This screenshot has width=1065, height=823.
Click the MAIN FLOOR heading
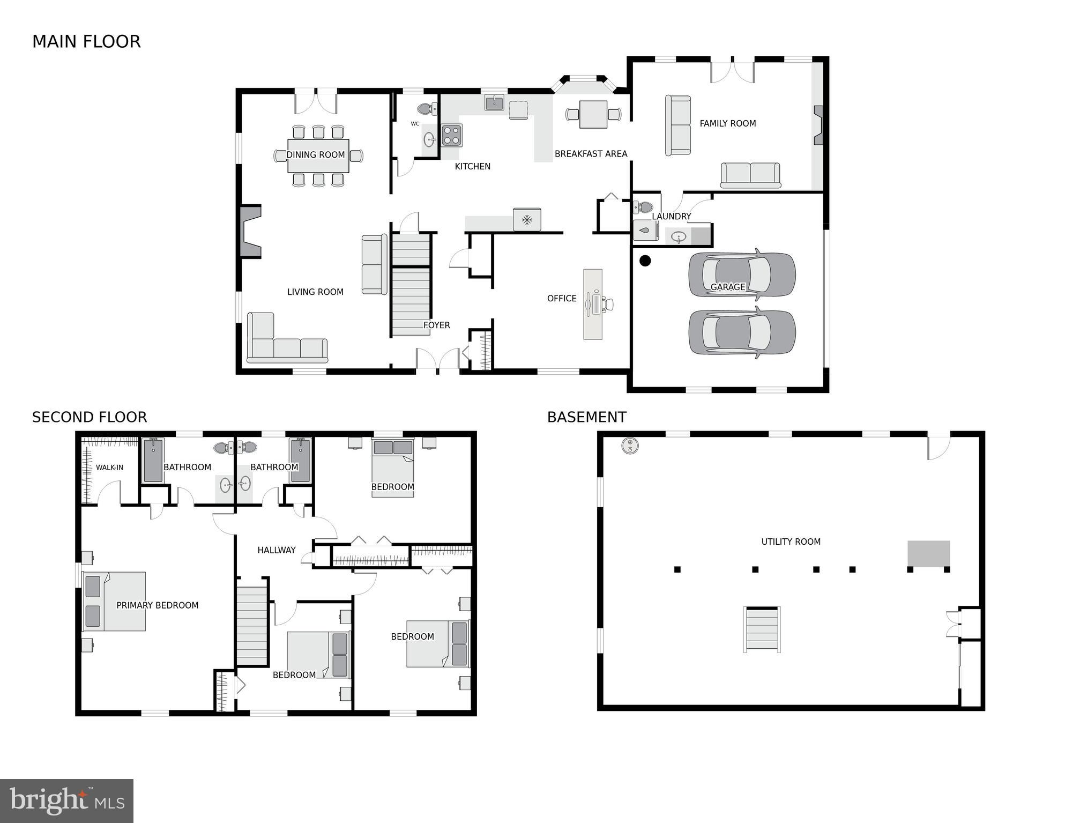point(86,42)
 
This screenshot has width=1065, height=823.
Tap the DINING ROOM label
point(315,155)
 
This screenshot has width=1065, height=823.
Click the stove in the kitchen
point(451,135)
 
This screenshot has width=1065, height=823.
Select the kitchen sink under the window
point(494,102)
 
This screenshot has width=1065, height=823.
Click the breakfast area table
point(593,114)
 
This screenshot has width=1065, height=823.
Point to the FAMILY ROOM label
point(727,123)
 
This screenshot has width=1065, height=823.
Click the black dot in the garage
point(645,261)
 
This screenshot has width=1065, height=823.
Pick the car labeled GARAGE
point(742,275)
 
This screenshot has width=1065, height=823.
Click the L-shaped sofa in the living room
point(279,343)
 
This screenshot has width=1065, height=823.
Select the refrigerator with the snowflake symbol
point(527,219)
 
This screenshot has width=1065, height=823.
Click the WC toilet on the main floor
point(427,109)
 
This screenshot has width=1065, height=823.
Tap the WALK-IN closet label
point(109,468)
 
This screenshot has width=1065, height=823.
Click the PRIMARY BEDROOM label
point(157,605)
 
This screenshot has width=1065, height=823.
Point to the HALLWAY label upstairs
point(276,550)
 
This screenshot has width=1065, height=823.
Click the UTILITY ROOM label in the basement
point(791,542)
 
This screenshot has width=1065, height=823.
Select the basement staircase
point(762,629)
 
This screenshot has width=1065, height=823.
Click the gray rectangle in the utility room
point(928,553)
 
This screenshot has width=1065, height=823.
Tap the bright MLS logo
point(66,800)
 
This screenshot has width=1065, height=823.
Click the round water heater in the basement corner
point(630,445)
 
